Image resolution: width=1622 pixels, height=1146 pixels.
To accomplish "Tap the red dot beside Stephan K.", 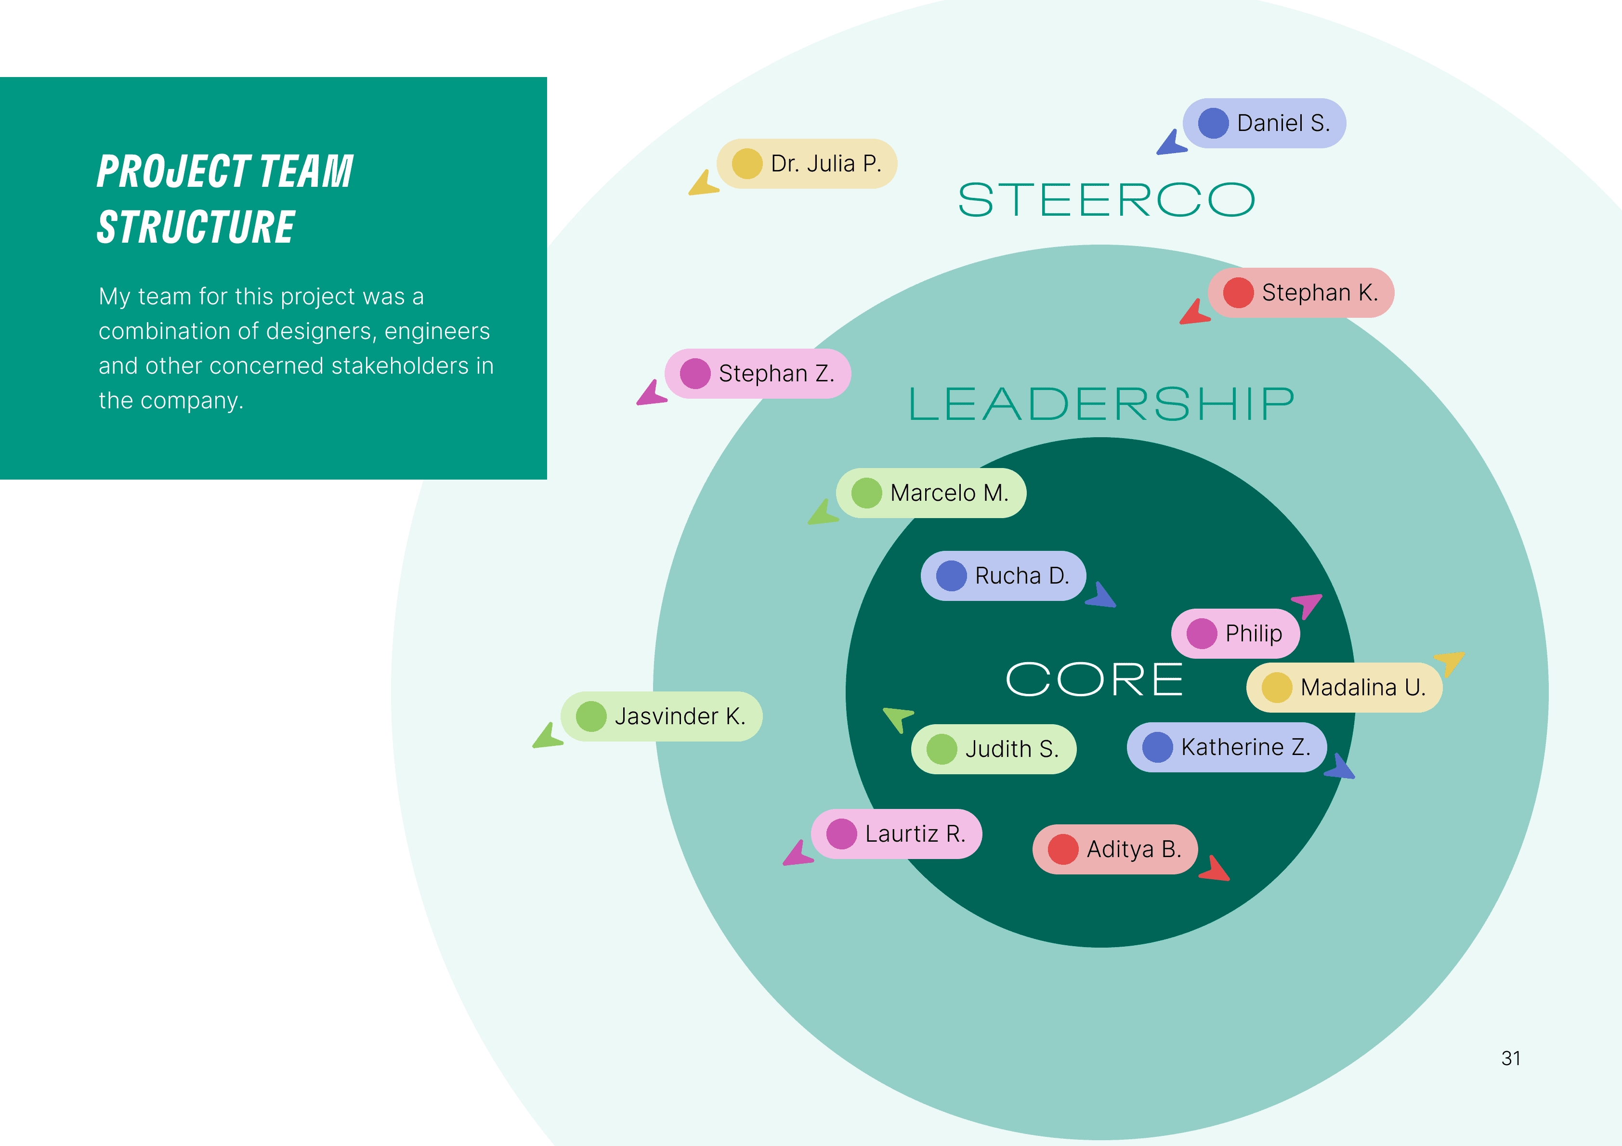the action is tap(1238, 292).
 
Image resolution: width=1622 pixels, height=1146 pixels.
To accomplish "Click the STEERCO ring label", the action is tap(1106, 200).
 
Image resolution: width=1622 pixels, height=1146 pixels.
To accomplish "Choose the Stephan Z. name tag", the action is tap(758, 374).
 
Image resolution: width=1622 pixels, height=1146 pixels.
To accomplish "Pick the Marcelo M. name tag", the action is tap(931, 493).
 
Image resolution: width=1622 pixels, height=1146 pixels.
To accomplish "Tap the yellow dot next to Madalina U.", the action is tap(1277, 688).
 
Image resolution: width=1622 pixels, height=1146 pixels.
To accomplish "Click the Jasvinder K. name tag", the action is tap(661, 716).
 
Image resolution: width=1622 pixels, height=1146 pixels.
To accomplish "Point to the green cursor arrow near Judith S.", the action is tap(898, 718).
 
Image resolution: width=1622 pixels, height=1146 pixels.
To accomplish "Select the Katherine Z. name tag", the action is tap(1227, 747).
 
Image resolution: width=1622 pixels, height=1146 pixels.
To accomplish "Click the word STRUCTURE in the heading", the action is tap(196, 227).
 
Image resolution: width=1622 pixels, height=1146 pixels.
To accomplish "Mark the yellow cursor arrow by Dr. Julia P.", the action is tap(704, 184).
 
